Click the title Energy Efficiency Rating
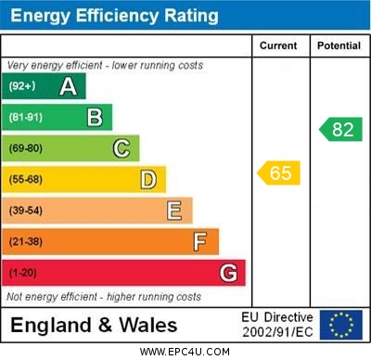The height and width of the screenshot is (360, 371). pos(113,16)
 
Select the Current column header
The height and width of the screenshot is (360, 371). pos(278,45)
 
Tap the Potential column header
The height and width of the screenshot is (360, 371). pos(339,45)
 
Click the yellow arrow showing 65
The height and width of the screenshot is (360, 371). pos(278,173)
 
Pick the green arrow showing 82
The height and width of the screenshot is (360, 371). pos(340,129)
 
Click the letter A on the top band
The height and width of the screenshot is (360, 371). pos(68,86)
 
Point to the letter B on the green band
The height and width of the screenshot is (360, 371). pos(95,117)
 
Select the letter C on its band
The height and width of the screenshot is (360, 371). pos(122,148)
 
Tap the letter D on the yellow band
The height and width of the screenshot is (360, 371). pos(148,179)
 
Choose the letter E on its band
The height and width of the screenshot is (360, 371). pos(174,211)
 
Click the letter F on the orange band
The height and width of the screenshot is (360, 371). pos(200,241)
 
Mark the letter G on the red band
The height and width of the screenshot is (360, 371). pos(228,273)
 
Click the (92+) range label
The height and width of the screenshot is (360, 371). pos(22,86)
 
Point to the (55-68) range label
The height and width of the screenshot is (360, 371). pos(26,179)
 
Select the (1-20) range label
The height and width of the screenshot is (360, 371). pos(23,273)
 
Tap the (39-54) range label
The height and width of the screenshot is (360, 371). pos(26,211)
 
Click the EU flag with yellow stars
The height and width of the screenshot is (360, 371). pos(340,325)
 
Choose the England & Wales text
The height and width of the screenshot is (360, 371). pos(93,326)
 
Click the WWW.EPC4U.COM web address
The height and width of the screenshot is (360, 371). pos(185,352)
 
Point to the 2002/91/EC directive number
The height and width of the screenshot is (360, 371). pos(277,332)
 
